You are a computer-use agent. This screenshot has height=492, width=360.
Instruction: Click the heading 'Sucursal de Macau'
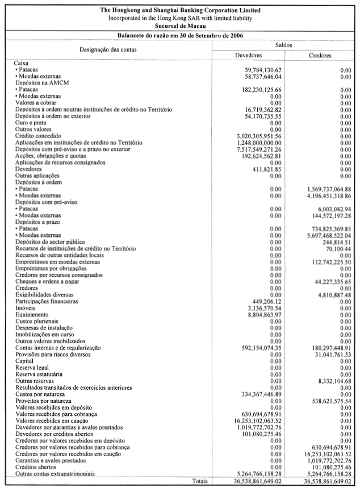pos(179,26)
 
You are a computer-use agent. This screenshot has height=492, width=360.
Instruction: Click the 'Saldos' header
pos(284,44)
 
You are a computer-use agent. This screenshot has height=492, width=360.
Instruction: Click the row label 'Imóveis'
pos(24,307)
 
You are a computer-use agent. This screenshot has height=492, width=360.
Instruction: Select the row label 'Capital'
pos(24,361)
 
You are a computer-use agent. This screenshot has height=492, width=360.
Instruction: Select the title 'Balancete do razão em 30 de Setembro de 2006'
pos(179,35)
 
